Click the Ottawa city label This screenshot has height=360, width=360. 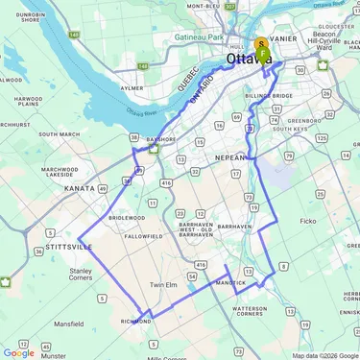pos(245,60)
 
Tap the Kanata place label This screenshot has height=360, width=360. pos(80,188)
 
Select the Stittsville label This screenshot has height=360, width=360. pos(68,247)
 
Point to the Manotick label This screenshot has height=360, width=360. pos(230,283)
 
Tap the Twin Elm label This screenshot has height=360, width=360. pos(164,285)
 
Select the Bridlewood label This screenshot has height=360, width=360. pos(126,218)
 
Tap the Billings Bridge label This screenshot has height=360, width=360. pos(269,97)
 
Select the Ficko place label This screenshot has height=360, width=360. pos(307,221)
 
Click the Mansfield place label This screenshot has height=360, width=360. pos(68,324)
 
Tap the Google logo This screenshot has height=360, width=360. pos(18,352)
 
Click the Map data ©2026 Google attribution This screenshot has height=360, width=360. pos(324,355)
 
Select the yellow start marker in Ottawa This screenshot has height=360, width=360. pos(261,45)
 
